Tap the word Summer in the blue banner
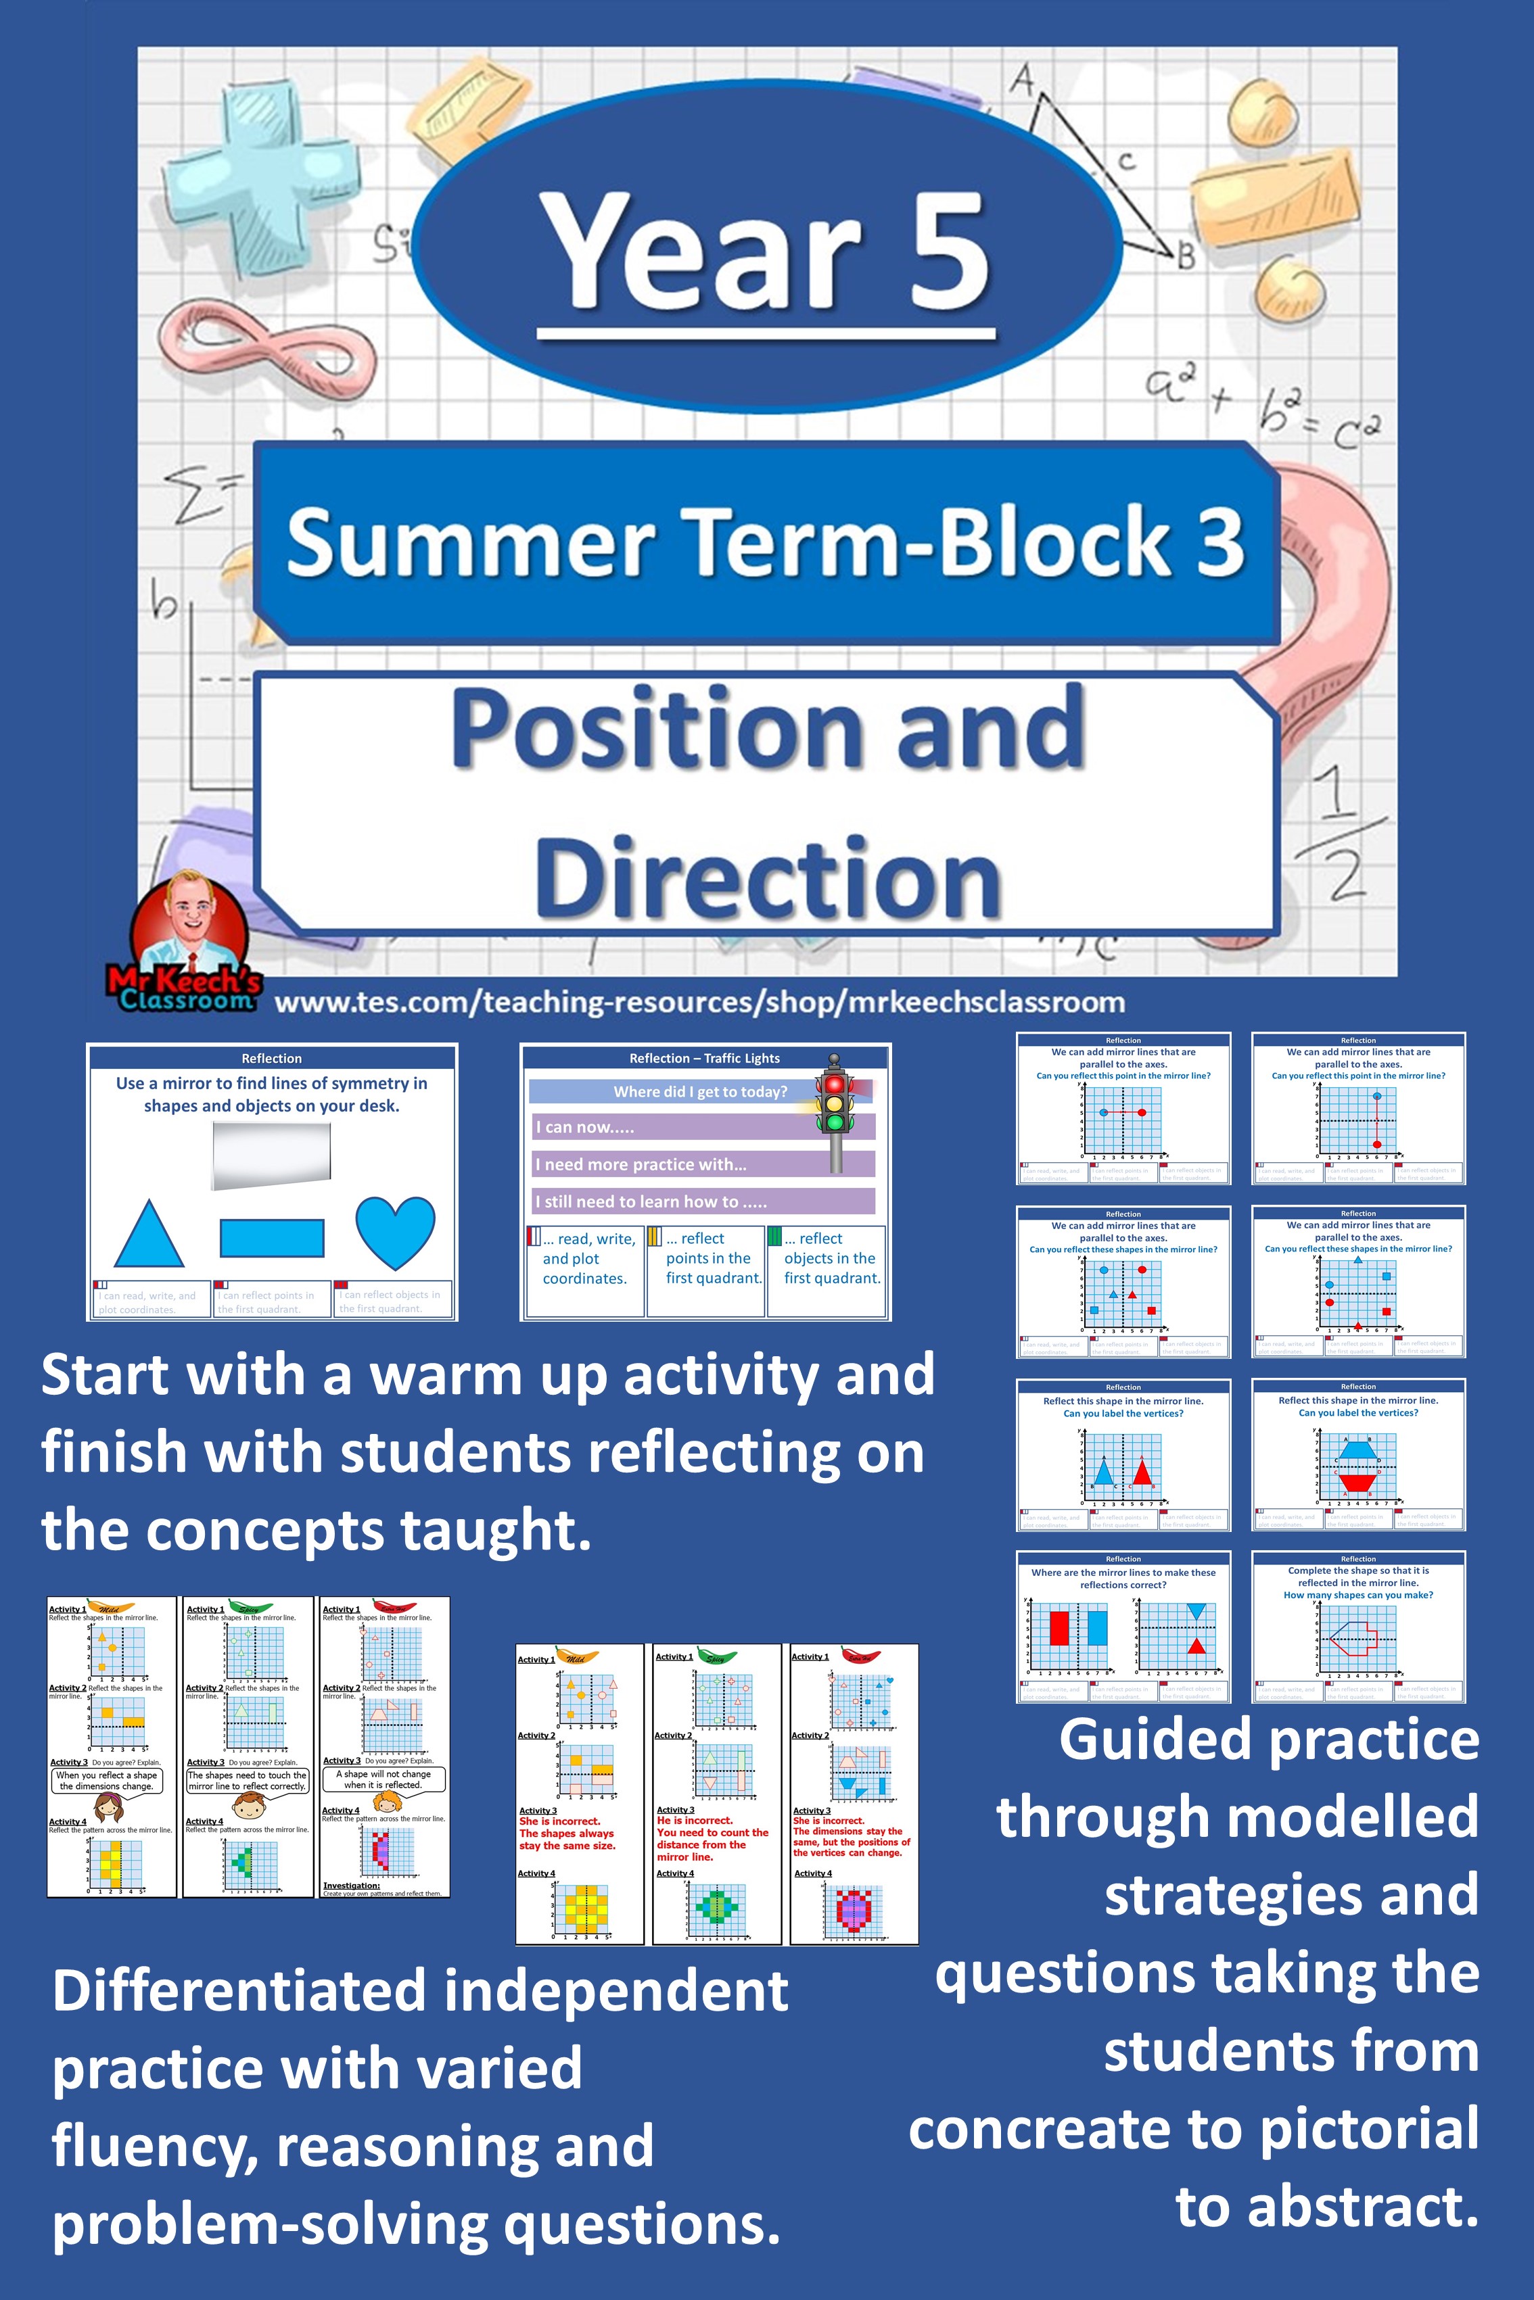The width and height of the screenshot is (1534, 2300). click(x=469, y=543)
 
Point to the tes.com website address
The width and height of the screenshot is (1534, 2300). click(x=699, y=1003)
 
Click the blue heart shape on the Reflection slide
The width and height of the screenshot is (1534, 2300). click(x=395, y=1231)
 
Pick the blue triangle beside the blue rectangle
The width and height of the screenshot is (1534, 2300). click(x=149, y=1235)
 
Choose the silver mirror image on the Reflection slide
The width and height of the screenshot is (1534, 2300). click(x=271, y=1155)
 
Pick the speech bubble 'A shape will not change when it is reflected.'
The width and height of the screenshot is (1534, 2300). click(x=383, y=1779)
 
